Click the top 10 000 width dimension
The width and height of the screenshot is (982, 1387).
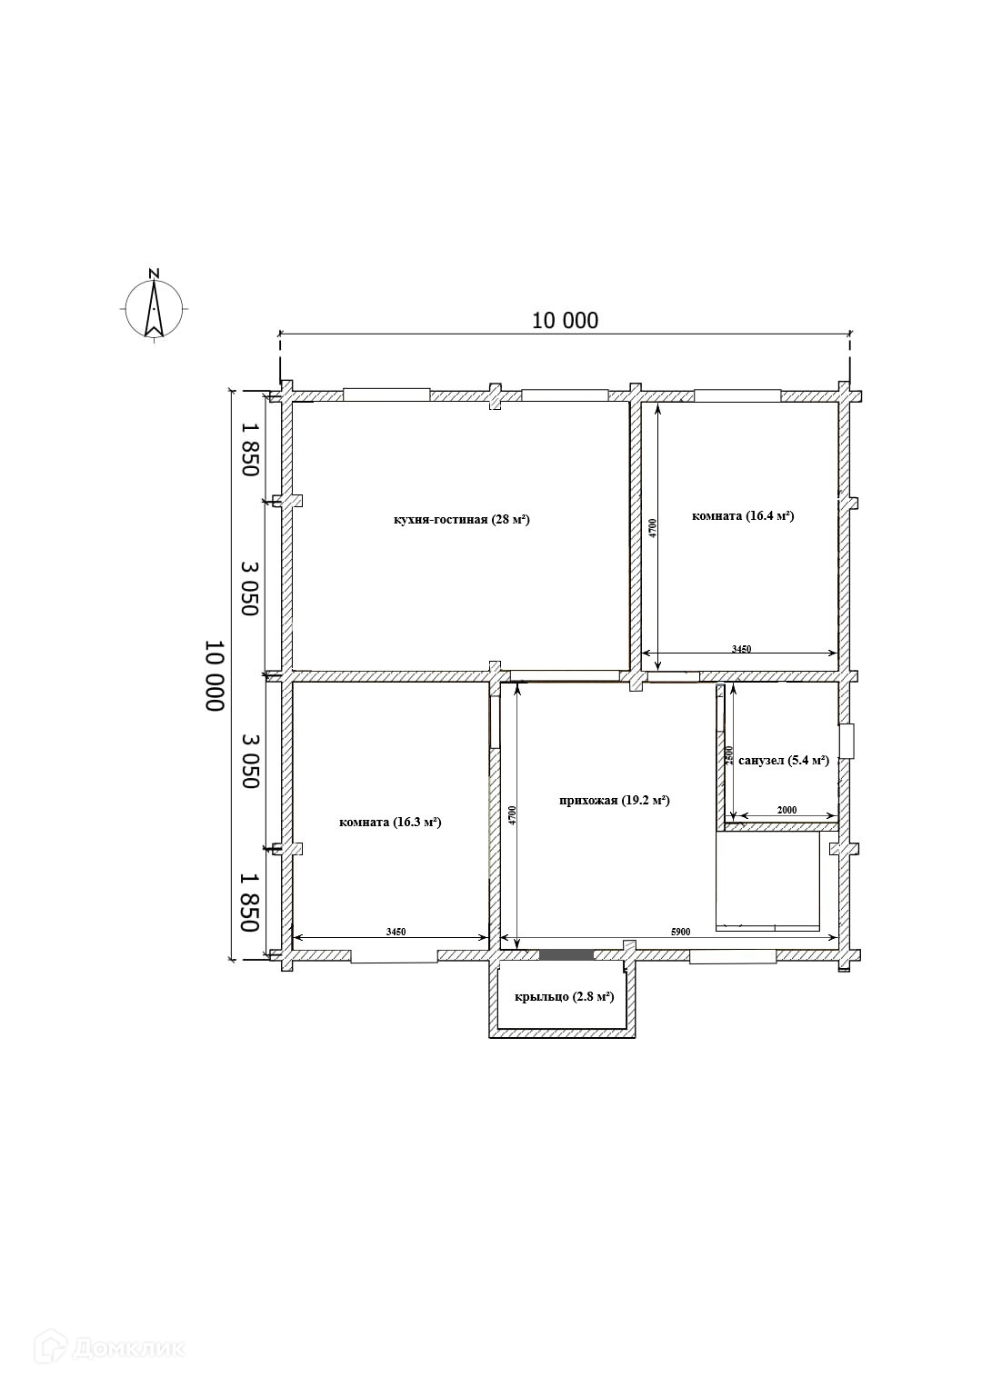click(565, 320)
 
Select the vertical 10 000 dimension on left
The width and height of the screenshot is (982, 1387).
click(214, 676)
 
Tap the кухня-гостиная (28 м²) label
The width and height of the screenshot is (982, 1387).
click(462, 520)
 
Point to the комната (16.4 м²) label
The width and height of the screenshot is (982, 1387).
click(743, 515)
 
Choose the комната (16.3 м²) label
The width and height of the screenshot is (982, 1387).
click(390, 823)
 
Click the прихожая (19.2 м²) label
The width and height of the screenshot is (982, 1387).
click(614, 800)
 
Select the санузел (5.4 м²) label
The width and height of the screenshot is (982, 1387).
click(784, 761)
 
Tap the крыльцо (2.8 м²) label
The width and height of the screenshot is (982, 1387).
click(564, 997)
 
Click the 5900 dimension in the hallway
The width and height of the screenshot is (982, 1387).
click(680, 932)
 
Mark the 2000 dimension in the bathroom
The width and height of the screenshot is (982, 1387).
click(787, 810)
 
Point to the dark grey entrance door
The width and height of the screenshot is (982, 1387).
click(566, 954)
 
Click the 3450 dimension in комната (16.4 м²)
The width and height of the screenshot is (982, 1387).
click(741, 649)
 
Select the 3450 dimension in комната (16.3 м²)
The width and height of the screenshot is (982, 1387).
click(396, 932)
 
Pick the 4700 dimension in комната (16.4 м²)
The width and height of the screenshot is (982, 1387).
click(652, 528)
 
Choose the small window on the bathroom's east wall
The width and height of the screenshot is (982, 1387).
click(847, 741)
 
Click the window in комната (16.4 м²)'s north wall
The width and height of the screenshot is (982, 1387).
click(737, 395)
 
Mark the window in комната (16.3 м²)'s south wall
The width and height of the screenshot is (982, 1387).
click(395, 956)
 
